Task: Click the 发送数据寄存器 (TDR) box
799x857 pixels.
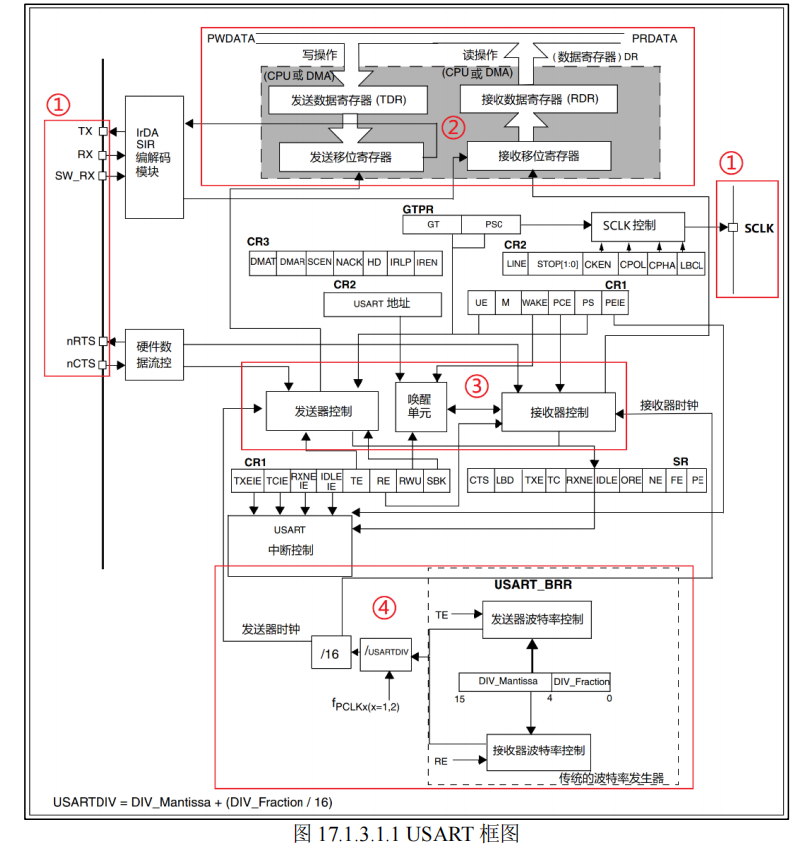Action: click(347, 100)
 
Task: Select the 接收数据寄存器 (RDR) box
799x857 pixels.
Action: click(539, 99)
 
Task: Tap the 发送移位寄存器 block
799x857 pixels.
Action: click(351, 157)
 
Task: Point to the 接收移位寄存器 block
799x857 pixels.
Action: click(538, 156)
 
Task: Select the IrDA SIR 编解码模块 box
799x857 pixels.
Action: click(154, 157)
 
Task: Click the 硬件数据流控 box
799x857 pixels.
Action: click(154, 354)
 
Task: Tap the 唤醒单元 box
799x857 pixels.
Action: click(421, 407)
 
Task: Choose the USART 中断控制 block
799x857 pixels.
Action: click(290, 545)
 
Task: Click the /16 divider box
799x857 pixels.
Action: click(331, 653)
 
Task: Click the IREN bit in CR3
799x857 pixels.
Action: click(428, 263)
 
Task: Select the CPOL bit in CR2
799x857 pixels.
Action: click(632, 264)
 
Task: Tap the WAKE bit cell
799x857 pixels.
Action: click(535, 303)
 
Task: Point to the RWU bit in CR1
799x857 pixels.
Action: click(410, 481)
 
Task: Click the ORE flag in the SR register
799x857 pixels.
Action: click(631, 480)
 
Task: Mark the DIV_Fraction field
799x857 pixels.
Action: click(581, 682)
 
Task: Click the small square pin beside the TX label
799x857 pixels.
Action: click(102, 131)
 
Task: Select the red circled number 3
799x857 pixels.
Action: click(476, 386)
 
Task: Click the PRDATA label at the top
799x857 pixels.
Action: click(654, 38)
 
